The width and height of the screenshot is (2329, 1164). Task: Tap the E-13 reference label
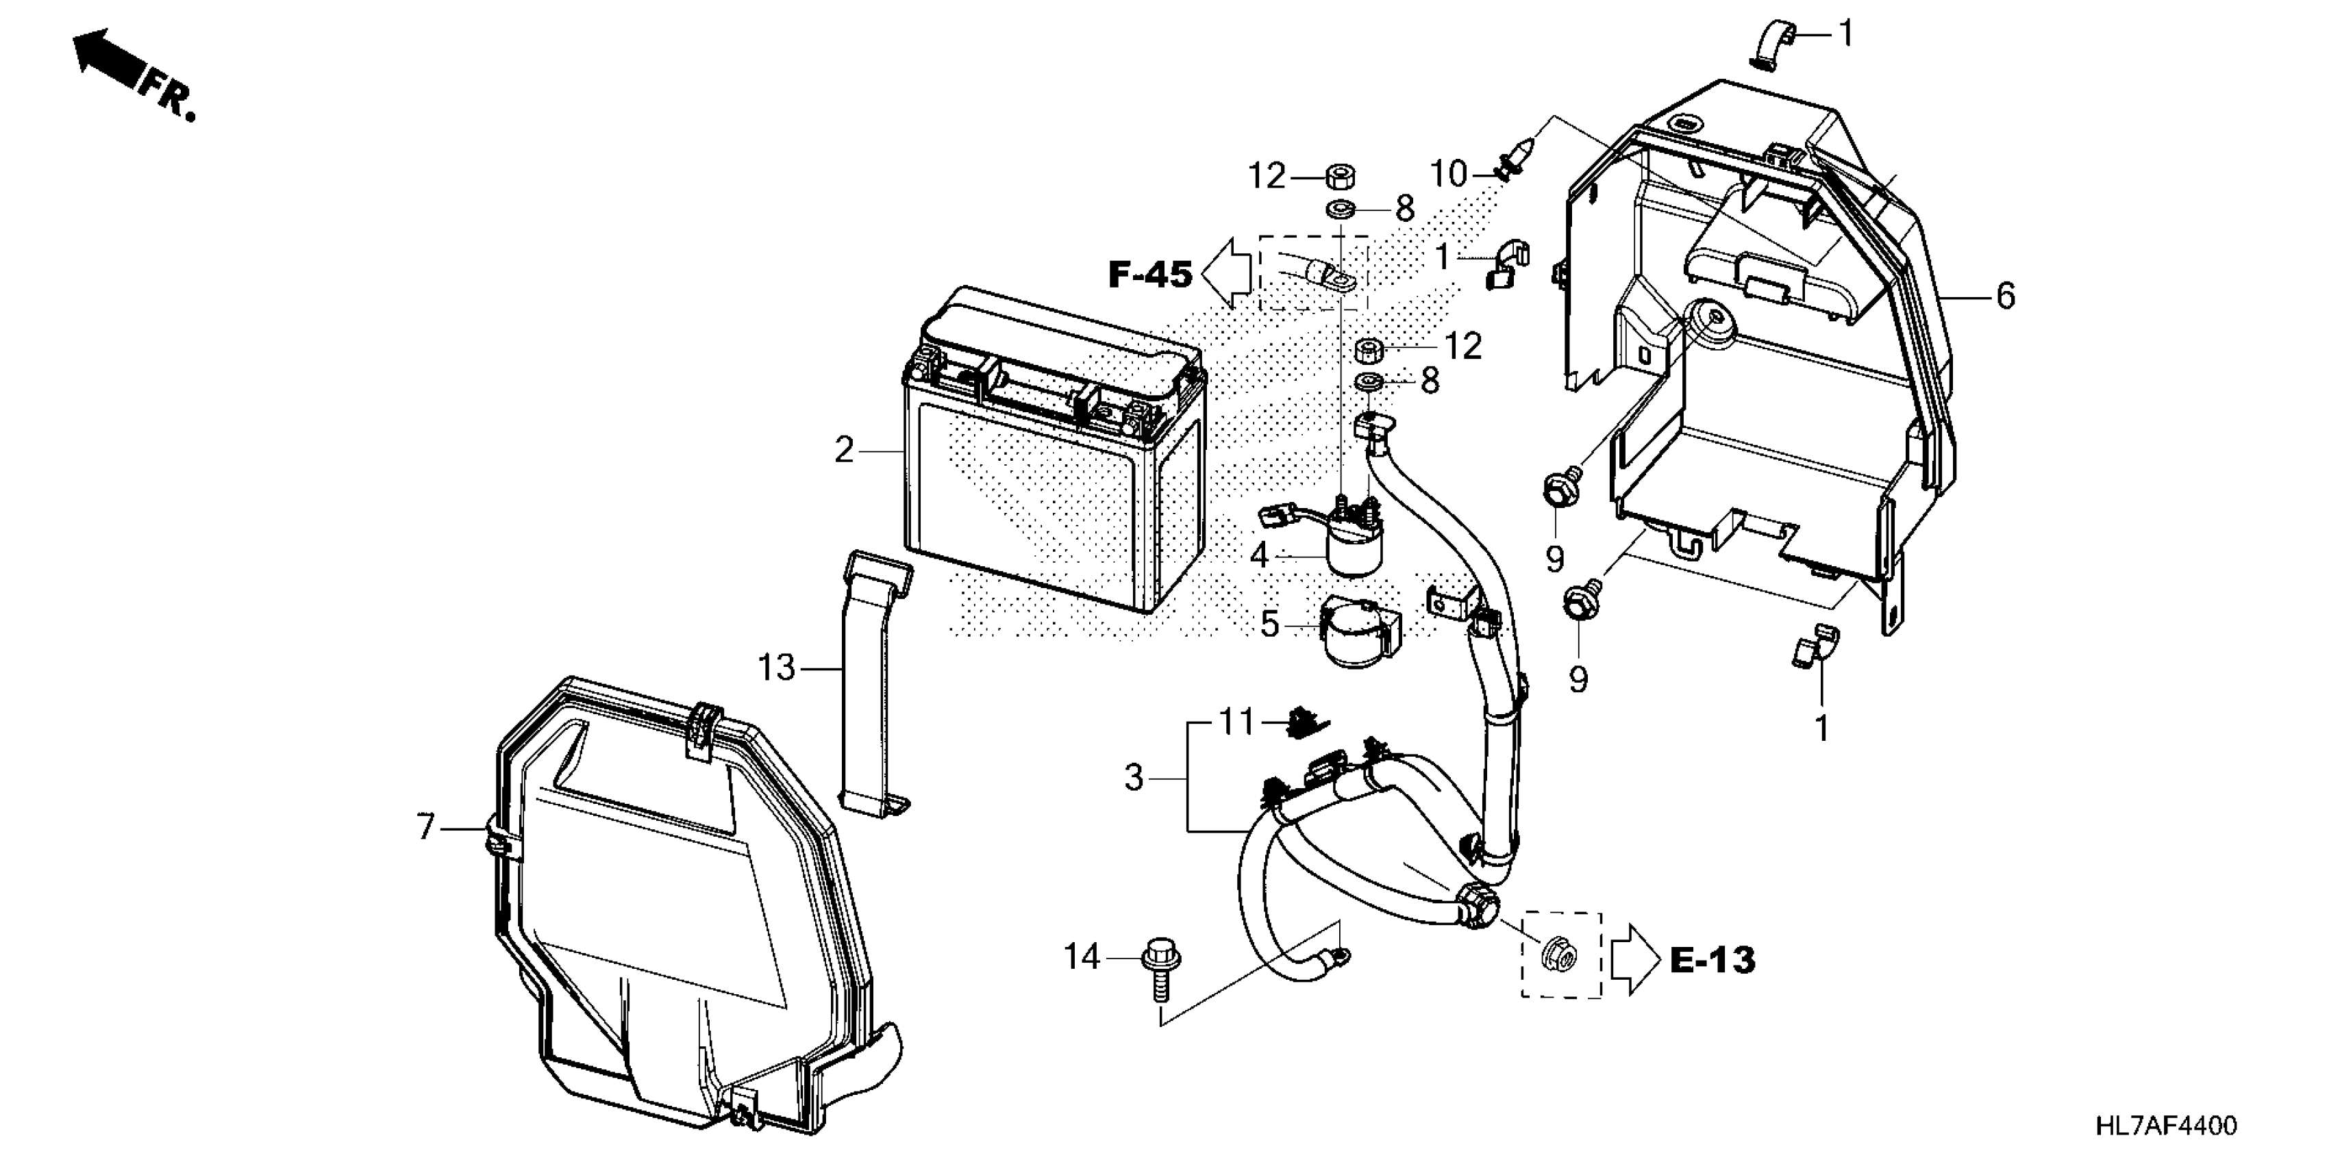coord(1713,960)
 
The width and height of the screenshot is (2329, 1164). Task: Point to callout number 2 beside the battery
coord(843,450)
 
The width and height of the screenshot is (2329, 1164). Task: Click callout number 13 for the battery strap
coord(775,669)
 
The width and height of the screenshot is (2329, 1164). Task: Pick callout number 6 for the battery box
coord(2005,296)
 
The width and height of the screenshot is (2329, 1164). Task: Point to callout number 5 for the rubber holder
coord(1269,624)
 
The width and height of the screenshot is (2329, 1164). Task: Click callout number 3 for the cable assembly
coord(1134,777)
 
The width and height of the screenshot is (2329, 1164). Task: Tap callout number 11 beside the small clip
coord(1237,723)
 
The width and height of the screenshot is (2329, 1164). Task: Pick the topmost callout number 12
coord(1267,176)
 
